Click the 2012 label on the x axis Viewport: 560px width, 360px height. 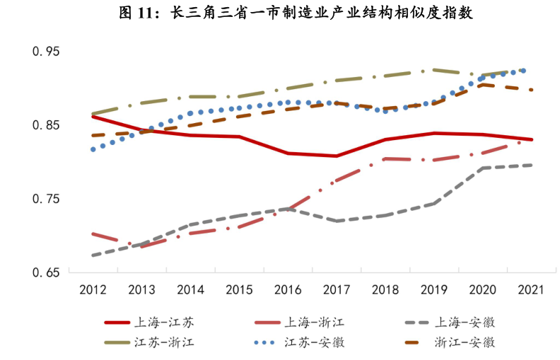point(93,289)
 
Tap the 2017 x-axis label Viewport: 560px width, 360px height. point(337,289)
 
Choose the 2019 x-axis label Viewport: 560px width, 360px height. point(434,289)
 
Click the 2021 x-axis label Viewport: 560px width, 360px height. point(531,289)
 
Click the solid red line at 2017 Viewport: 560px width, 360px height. point(337,156)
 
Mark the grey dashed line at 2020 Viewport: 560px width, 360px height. point(483,168)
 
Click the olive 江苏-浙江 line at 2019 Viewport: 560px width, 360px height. point(434,70)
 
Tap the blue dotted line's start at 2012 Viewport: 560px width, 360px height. point(93,149)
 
